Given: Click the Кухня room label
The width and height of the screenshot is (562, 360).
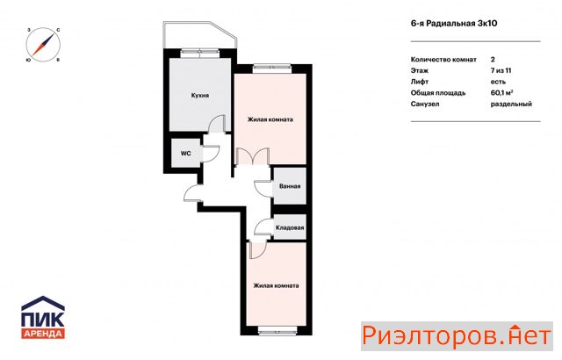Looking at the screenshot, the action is pos(200,96).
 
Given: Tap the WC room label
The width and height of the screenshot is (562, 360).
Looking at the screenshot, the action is pos(185,154).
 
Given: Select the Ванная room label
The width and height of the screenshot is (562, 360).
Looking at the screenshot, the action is pos(290,186).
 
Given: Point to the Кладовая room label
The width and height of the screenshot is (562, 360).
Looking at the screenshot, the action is pos(290,227).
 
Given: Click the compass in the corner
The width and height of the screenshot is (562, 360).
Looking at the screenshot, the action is pos(43,45).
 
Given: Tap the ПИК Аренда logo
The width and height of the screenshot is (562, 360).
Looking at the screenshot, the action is pos(43,317).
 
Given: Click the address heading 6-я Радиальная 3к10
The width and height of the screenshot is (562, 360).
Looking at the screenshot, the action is pos(454,24).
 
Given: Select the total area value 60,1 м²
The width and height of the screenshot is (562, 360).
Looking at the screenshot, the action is pos(501,93).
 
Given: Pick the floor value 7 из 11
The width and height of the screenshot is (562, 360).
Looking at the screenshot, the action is pos(501,70).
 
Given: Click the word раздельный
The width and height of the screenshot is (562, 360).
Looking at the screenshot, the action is pos(511,104).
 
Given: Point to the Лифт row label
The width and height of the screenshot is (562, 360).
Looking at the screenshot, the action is pos(420,82).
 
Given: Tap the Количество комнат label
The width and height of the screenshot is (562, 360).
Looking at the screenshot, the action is pos(443,60).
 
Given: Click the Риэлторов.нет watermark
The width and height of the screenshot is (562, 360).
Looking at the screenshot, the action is pos(457,336).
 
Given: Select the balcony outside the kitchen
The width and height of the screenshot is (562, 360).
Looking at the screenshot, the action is pos(199,35).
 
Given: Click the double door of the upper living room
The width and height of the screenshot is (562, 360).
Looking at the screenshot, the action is pos(253,156).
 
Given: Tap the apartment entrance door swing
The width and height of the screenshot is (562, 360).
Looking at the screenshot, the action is pos(193,194).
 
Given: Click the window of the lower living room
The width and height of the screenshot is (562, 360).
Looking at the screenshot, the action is pos(276,331).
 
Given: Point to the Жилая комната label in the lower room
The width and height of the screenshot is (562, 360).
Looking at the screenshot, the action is pos(276,285).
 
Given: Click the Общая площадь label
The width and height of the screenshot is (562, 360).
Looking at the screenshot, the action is pos(438,93).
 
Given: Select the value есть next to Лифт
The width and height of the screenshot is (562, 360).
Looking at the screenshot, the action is pos(498,82).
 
